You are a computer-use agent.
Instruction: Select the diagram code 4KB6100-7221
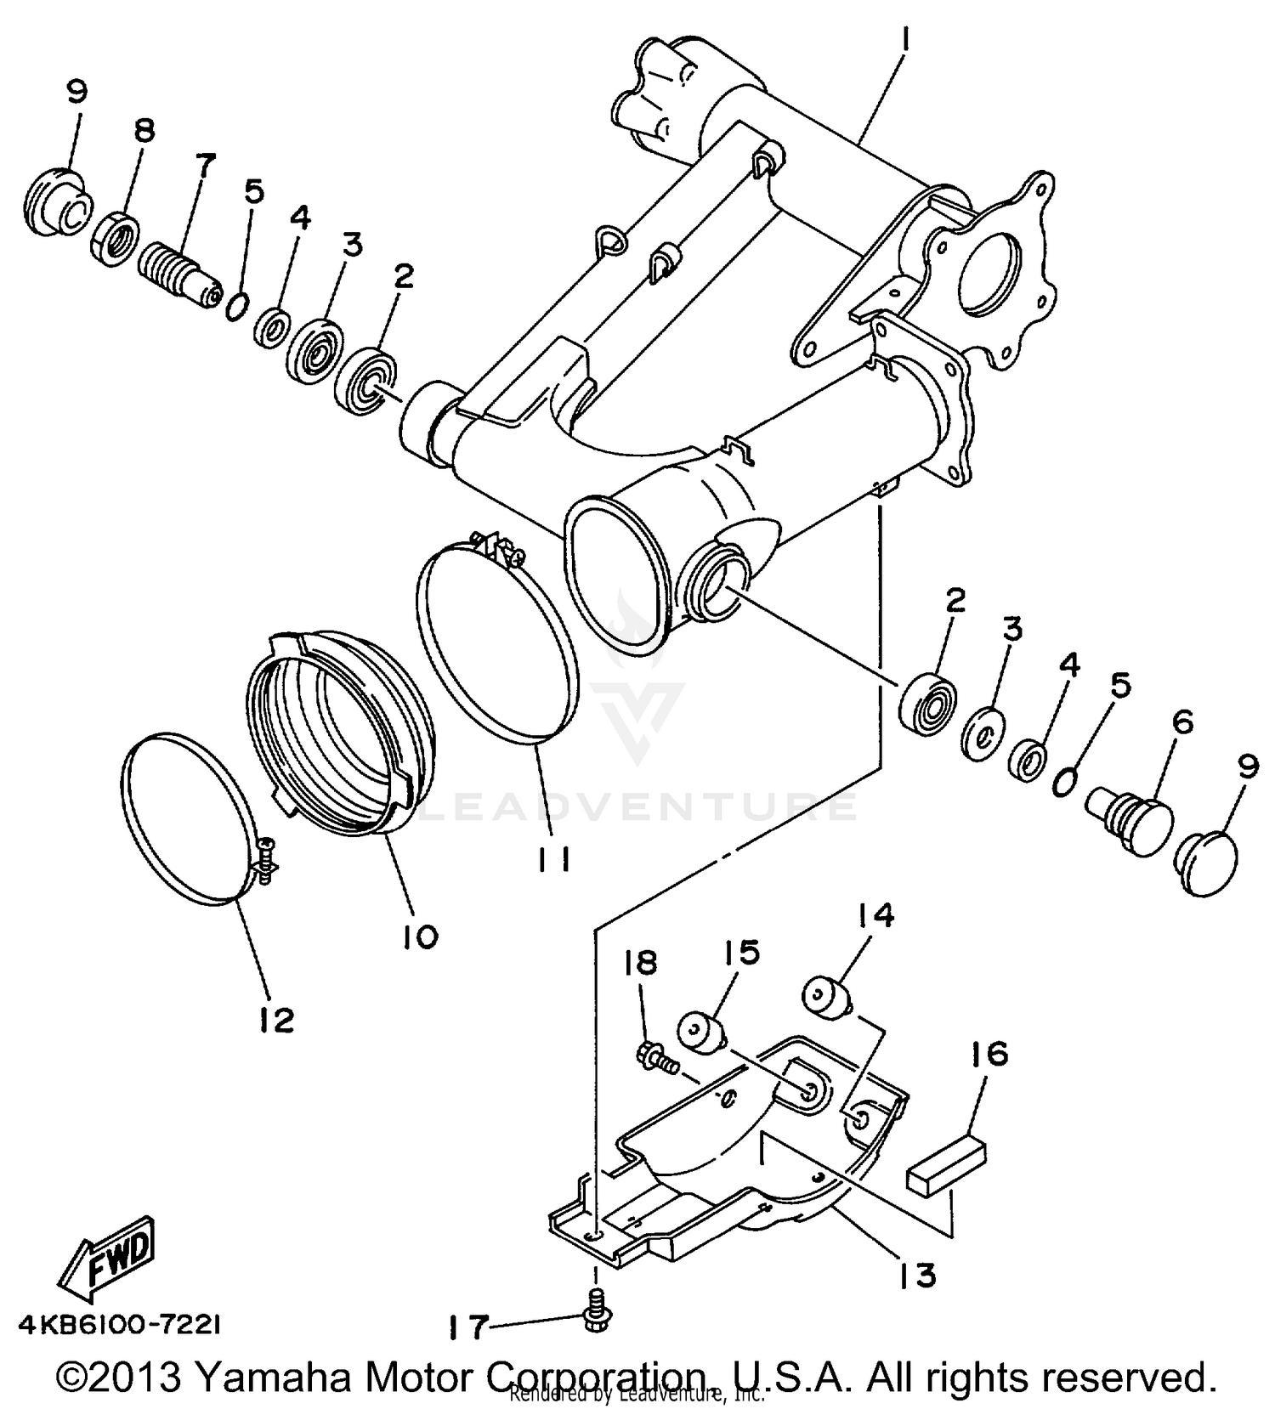(x=119, y=1326)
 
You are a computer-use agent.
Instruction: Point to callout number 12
(x=276, y=1020)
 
